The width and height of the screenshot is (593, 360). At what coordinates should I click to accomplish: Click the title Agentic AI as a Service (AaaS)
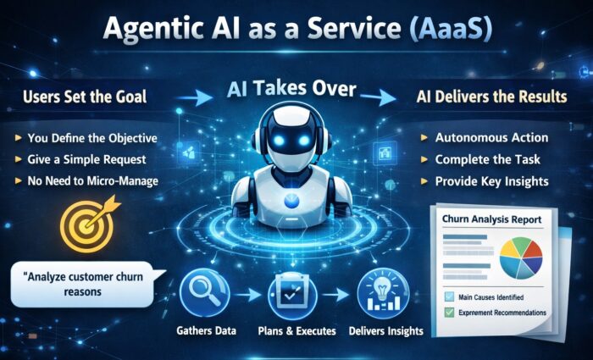297,29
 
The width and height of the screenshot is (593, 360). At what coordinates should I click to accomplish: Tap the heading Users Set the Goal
85,97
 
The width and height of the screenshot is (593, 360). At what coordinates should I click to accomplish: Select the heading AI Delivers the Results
491,97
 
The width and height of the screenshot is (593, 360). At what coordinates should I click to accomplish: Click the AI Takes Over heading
291,90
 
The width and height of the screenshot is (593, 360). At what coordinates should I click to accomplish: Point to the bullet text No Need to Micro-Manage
92,181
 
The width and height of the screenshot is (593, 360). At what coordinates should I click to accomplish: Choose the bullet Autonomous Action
491,137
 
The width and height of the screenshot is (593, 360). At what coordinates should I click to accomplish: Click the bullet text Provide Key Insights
491,181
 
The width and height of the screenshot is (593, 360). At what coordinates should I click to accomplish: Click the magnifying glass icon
205,293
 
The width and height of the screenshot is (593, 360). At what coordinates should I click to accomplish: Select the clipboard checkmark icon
293,293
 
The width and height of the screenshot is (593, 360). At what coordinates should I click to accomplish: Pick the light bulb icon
383,293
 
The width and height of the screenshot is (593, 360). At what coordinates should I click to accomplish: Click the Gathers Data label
206,331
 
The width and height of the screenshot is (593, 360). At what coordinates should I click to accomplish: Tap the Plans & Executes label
296,331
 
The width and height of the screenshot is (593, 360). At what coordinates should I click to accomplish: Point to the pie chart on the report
521,258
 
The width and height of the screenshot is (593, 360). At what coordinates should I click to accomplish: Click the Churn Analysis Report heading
491,219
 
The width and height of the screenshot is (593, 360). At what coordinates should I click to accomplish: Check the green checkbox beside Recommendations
449,313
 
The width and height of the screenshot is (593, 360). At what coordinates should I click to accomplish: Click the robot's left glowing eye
279,141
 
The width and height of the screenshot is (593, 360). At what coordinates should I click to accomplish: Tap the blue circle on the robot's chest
291,201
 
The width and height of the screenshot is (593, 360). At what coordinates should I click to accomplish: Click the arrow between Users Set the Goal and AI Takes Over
194,99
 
